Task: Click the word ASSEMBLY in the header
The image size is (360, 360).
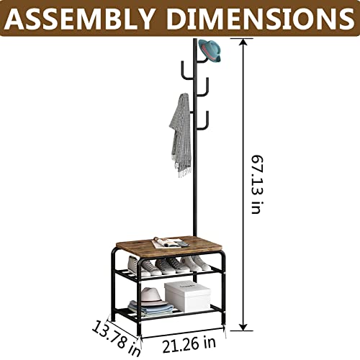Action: coord(79,19)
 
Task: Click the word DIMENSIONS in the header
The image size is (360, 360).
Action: coord(261,19)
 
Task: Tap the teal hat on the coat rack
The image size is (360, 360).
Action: coord(210,51)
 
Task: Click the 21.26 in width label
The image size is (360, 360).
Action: coord(189,344)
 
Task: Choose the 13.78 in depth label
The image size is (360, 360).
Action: coord(116,338)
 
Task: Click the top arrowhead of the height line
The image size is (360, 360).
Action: coord(243,42)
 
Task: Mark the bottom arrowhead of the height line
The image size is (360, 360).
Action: coord(243,326)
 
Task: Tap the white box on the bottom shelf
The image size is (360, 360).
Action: coord(187,297)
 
